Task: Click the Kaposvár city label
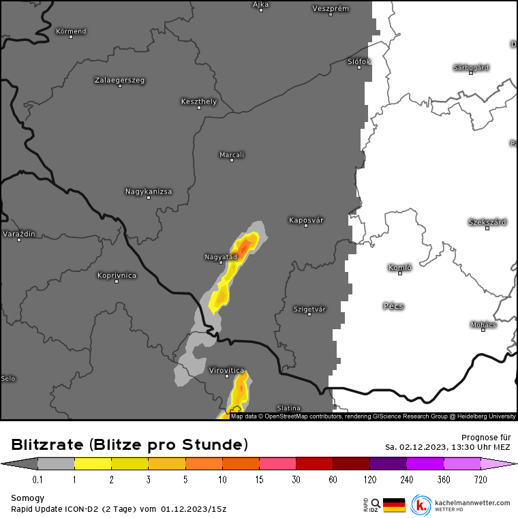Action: [x=306, y=220]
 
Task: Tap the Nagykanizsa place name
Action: [x=149, y=192]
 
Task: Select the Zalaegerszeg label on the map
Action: [x=119, y=80]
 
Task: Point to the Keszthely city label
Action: [x=198, y=102]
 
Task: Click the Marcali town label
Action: [x=232, y=155]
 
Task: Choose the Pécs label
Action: [x=393, y=306]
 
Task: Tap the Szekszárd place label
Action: [x=487, y=222]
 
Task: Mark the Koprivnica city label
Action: [x=117, y=275]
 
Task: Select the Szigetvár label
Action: [x=309, y=309]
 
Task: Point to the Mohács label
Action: [x=483, y=324]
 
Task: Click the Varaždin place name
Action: [x=19, y=234]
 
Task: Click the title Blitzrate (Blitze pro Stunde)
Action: [x=129, y=445]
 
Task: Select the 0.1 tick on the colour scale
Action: [x=37, y=480]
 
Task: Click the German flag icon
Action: [x=393, y=505]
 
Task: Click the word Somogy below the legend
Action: [x=27, y=498]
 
